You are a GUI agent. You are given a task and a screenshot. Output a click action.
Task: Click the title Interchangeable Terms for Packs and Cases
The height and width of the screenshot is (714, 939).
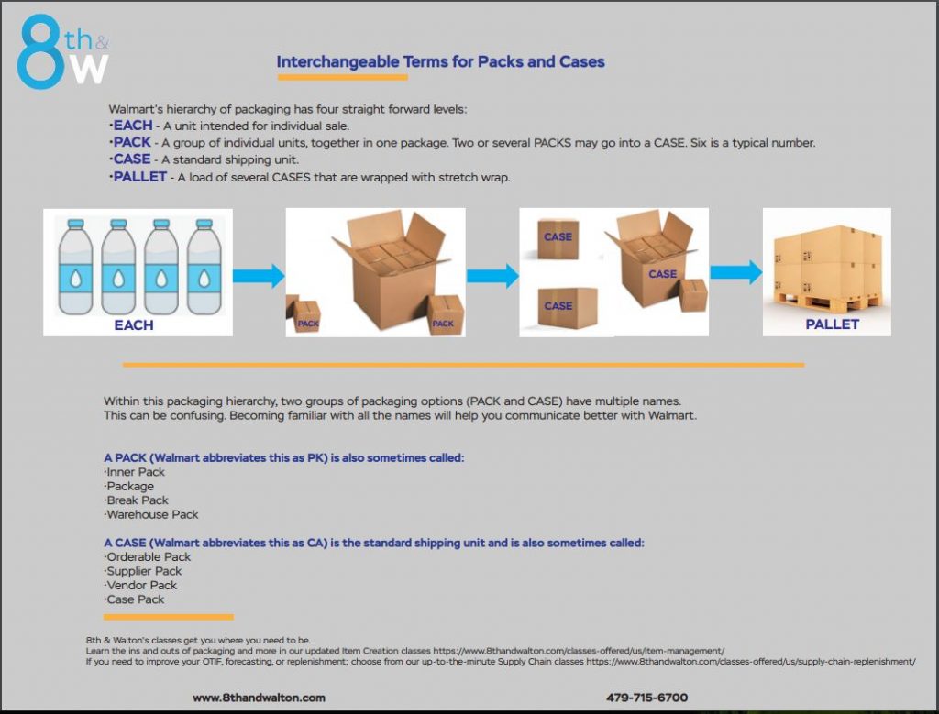click(440, 62)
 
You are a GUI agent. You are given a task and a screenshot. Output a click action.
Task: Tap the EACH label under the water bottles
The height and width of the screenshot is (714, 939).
click(134, 324)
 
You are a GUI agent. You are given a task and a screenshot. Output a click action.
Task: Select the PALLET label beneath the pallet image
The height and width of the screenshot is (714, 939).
click(832, 324)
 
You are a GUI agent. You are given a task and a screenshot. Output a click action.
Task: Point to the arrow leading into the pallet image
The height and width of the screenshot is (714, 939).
click(735, 272)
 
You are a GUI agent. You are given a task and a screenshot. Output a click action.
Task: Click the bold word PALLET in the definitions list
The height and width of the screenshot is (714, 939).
click(140, 176)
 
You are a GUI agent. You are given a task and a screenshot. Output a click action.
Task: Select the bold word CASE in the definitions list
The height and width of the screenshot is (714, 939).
click(132, 159)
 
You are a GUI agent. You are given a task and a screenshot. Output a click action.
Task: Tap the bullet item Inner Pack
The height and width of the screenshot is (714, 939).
click(136, 472)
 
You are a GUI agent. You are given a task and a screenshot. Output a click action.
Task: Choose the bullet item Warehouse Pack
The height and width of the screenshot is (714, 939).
click(152, 514)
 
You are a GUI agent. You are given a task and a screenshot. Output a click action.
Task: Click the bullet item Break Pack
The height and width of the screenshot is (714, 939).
click(138, 500)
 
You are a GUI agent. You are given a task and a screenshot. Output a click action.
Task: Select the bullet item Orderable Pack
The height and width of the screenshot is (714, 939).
click(149, 556)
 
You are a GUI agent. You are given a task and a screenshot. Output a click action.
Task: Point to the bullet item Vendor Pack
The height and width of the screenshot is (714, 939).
click(142, 585)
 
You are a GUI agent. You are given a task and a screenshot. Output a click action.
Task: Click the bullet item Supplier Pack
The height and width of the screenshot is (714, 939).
click(145, 571)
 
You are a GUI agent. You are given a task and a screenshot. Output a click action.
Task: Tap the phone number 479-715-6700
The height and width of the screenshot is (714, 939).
click(646, 698)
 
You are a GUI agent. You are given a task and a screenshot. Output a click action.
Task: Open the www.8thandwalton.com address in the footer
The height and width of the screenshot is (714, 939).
click(259, 698)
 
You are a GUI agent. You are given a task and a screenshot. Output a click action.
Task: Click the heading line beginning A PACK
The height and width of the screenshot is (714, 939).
click(284, 456)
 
